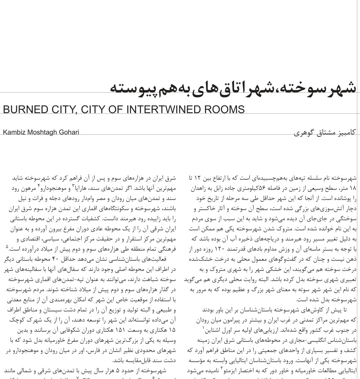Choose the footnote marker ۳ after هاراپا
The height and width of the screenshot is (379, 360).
pos(73,185)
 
